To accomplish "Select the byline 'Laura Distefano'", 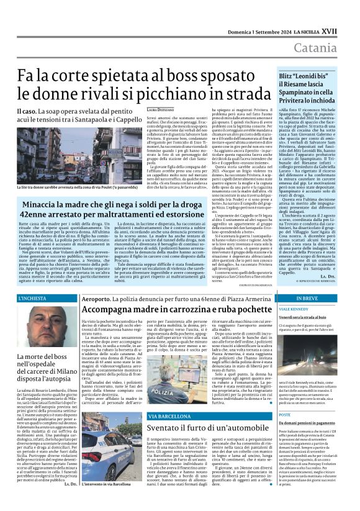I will click(160, 110).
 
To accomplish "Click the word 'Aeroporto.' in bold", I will click(97, 299).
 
